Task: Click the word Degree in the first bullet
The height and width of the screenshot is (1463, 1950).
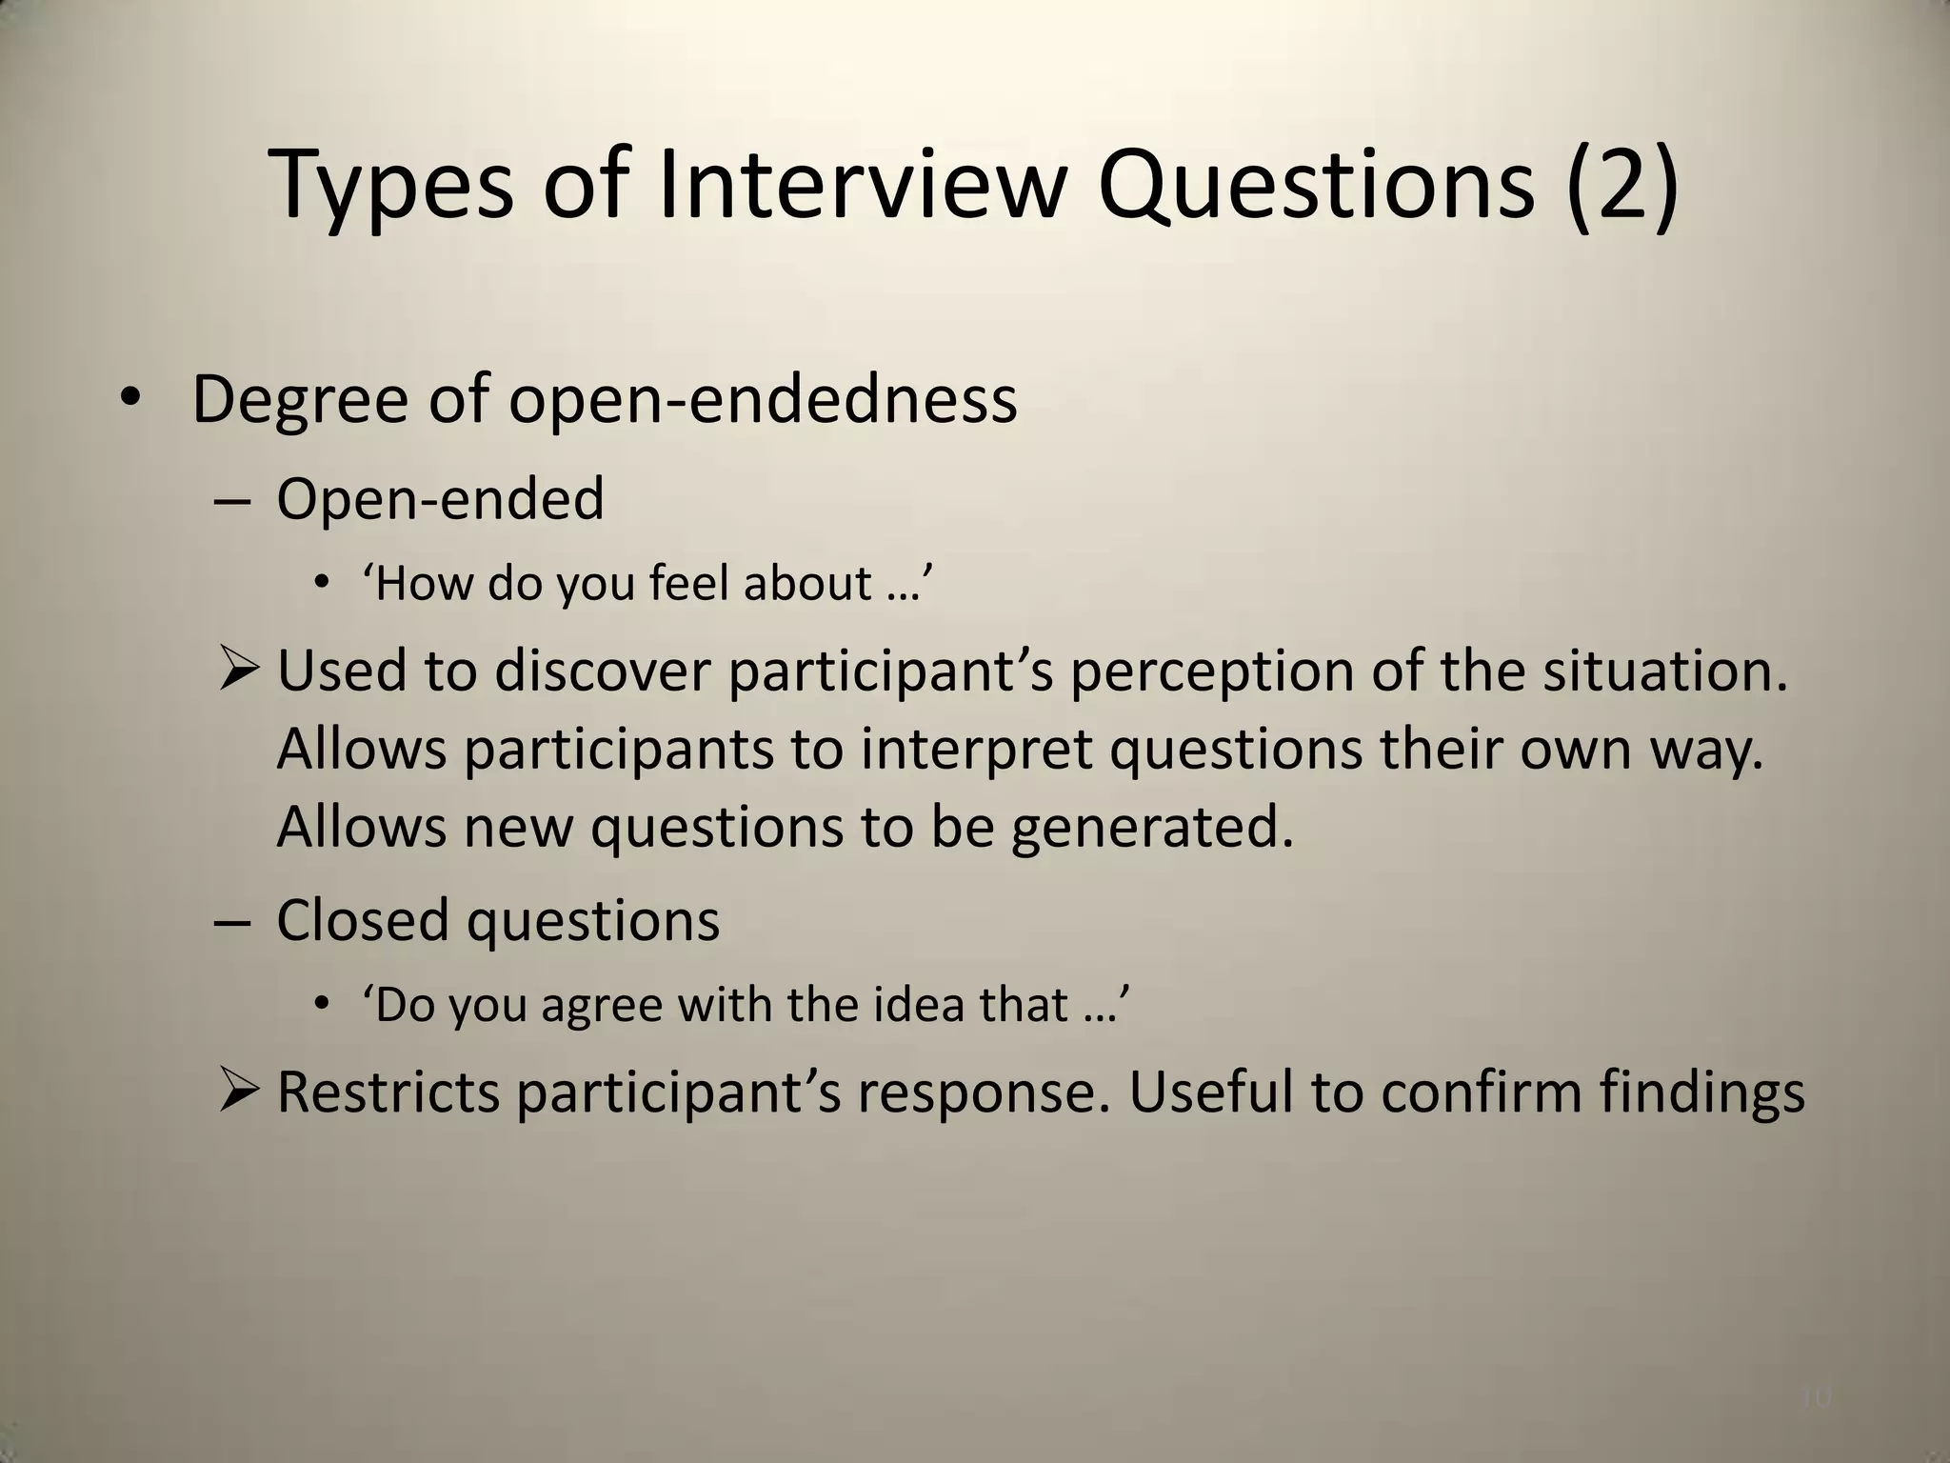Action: click(x=299, y=400)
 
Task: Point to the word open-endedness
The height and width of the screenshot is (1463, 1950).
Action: click(x=763, y=400)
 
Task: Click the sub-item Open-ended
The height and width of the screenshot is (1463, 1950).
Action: click(x=440, y=498)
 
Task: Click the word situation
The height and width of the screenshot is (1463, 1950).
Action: click(x=1665, y=671)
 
